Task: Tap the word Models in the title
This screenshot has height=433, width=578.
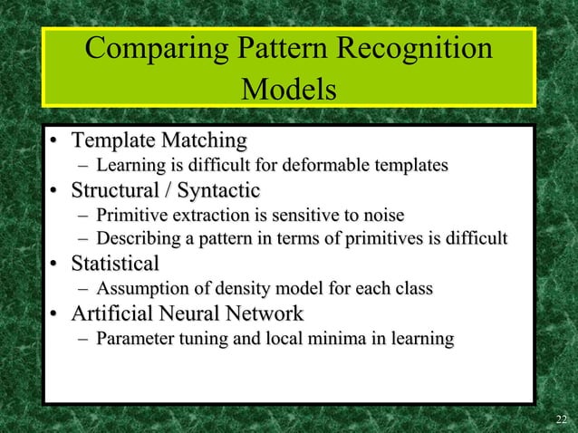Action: [x=289, y=91]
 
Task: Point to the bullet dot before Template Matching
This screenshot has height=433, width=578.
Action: [x=55, y=141]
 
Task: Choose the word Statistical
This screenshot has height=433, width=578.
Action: [x=116, y=265]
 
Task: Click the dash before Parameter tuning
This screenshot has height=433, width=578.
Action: [x=83, y=340]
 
